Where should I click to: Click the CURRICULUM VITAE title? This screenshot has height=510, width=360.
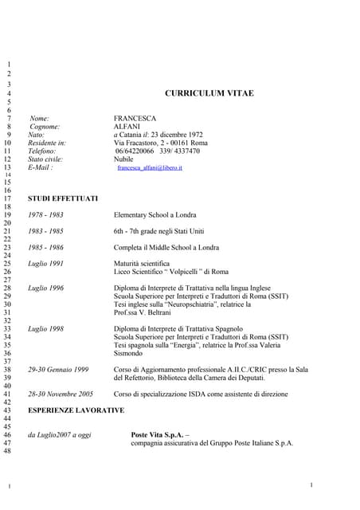click(209, 93)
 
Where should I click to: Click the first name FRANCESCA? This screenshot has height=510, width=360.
click(136, 118)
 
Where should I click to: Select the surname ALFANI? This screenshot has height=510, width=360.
click(127, 126)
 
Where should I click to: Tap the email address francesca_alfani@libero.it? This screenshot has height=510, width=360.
click(150, 168)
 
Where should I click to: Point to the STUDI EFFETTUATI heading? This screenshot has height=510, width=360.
click(63, 198)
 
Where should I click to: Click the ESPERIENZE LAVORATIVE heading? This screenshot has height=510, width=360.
click(76, 410)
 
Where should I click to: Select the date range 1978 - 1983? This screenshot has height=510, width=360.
click(46, 215)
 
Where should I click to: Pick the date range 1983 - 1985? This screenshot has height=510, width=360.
click(46, 230)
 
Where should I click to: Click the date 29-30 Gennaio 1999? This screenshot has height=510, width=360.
click(58, 370)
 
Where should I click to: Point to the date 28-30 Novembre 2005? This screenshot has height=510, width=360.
click(61, 394)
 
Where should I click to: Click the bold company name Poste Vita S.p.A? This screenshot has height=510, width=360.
click(157, 434)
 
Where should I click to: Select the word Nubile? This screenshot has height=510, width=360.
click(124, 159)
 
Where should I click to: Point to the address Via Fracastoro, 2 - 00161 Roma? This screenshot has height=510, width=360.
click(160, 143)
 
